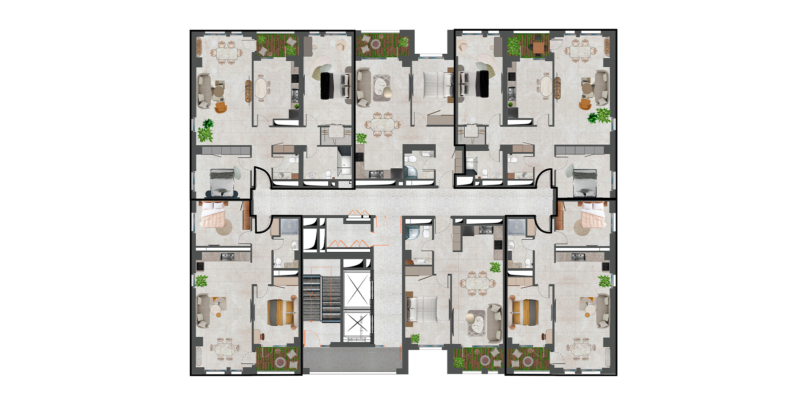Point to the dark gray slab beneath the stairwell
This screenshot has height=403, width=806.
[x=350, y=360]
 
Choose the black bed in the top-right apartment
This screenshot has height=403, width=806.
[x=484, y=82]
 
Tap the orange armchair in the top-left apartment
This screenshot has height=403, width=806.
[x=220, y=108]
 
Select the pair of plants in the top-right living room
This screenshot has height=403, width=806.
[x=599, y=115]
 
